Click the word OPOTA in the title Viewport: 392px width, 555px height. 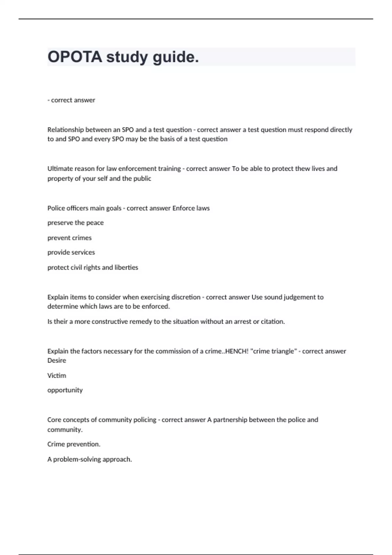coord(75,57)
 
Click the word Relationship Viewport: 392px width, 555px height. coord(65,130)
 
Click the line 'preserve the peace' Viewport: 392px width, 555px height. coord(75,223)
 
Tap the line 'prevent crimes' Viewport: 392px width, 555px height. coord(70,238)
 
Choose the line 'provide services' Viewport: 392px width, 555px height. coord(71,252)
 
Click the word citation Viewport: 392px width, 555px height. coord(273,322)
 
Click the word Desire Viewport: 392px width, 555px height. coord(57,360)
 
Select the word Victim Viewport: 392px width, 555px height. coord(57,375)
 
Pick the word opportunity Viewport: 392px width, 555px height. coord(65,390)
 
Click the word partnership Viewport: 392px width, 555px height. coord(230,420)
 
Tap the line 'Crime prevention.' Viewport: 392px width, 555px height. coord(74,444)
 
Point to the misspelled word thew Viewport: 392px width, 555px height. coord(302,168)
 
